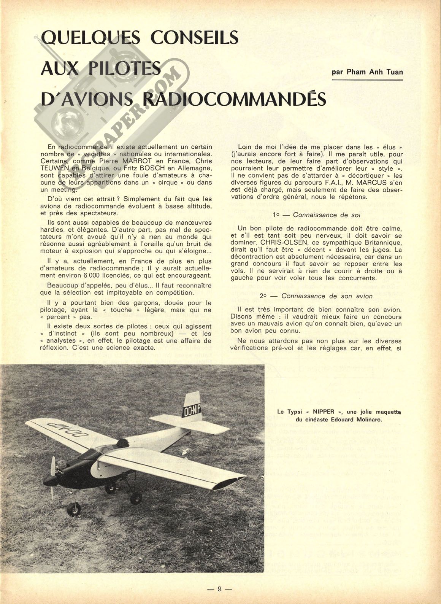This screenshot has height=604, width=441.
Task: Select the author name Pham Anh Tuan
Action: point(367,72)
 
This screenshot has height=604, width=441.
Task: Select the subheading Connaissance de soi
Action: point(327,215)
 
